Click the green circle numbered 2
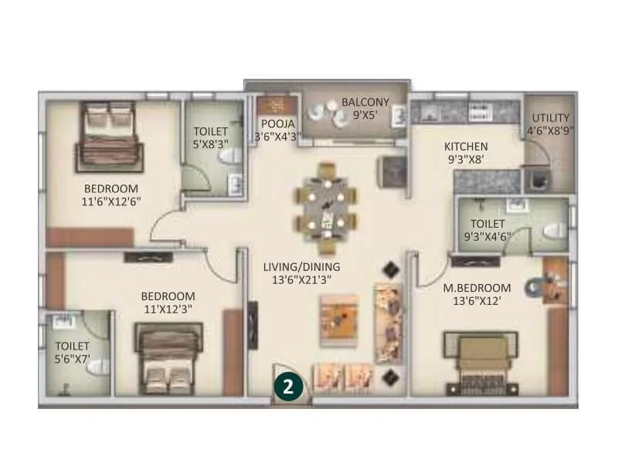point(287,386)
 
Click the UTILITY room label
point(550,118)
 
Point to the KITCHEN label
point(466,147)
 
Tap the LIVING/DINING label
point(301,267)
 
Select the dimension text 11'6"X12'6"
point(111,201)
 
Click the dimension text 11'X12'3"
point(168,309)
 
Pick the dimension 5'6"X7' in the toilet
point(73,360)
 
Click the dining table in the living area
point(328,207)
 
